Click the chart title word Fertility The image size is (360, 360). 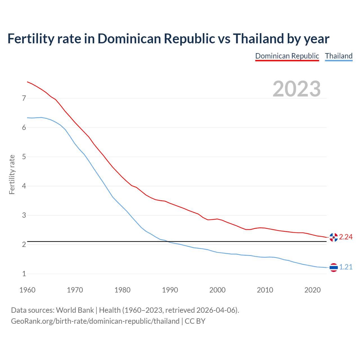pyautogui.click(x=30, y=39)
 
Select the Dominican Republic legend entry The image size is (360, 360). pyautogui.click(x=287, y=56)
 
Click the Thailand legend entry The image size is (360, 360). pyautogui.click(x=339, y=56)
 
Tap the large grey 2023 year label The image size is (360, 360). pyautogui.click(x=296, y=89)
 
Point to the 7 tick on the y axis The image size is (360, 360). pyautogui.click(x=24, y=98)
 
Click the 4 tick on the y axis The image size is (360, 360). pyautogui.click(x=24, y=186)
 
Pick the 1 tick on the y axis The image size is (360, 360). pyautogui.click(x=24, y=274)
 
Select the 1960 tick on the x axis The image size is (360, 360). pyautogui.click(x=27, y=290)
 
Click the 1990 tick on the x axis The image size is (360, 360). pyautogui.click(x=170, y=290)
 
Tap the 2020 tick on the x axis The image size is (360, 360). pyautogui.click(x=312, y=290)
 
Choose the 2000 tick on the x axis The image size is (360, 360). pyautogui.click(x=217, y=290)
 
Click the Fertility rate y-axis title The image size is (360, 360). pyautogui.click(x=12, y=174)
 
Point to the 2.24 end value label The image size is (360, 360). pyautogui.click(x=346, y=237)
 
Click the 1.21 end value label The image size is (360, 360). pyautogui.click(x=346, y=267)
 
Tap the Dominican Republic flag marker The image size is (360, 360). pyautogui.click(x=334, y=237)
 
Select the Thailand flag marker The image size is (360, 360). pyautogui.click(x=334, y=267)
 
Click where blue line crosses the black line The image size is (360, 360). pyautogui.click(x=167, y=241)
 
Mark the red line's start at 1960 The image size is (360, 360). pyautogui.click(x=27, y=82)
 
